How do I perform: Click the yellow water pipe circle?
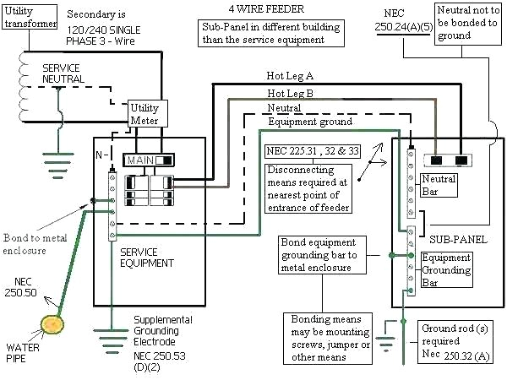(x=55, y=323)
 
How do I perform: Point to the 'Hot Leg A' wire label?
(x=291, y=75)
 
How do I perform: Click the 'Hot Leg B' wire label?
(x=291, y=93)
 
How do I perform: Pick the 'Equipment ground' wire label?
(x=311, y=122)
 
